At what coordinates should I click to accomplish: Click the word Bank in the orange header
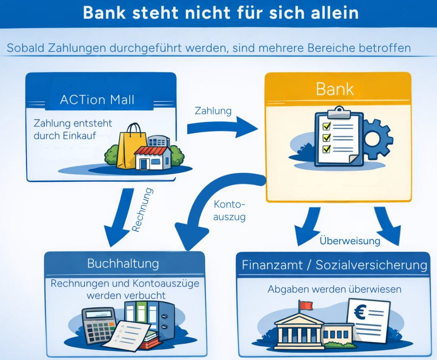335,90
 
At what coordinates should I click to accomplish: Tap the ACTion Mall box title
97,100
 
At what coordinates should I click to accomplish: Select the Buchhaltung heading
123,263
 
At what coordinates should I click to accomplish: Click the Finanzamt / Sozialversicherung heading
335,265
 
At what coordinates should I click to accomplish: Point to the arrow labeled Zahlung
222,127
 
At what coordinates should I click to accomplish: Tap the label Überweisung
350,241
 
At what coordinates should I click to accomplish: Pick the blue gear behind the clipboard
378,139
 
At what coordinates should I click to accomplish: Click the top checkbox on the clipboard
326,126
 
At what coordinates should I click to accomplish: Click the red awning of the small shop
150,151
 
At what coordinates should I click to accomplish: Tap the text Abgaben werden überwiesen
335,289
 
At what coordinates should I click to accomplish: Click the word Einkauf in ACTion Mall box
82,136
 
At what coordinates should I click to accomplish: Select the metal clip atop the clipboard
338,111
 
